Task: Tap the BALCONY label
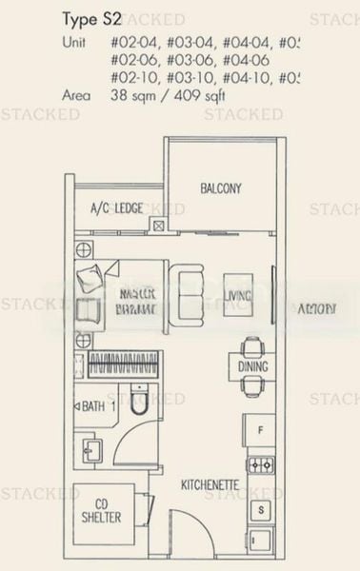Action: point(220,188)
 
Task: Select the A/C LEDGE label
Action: point(117,207)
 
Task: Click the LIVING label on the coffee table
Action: point(239,297)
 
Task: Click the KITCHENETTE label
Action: point(210,486)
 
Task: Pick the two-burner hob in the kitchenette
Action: point(259,465)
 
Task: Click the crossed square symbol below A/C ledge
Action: point(158,226)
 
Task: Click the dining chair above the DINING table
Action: point(251,344)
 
